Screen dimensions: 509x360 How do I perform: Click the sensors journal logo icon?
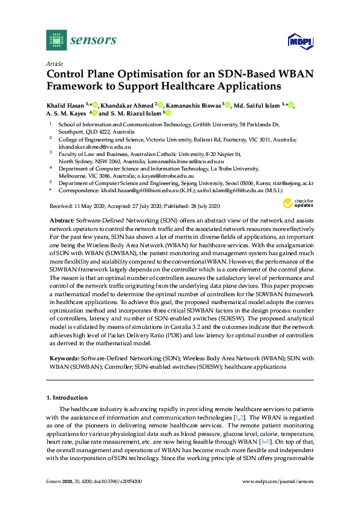coord(55,41)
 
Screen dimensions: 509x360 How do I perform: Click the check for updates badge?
coord(303,202)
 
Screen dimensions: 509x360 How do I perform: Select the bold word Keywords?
coord(64,358)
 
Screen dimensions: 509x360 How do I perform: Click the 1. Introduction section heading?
coord(67,397)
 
